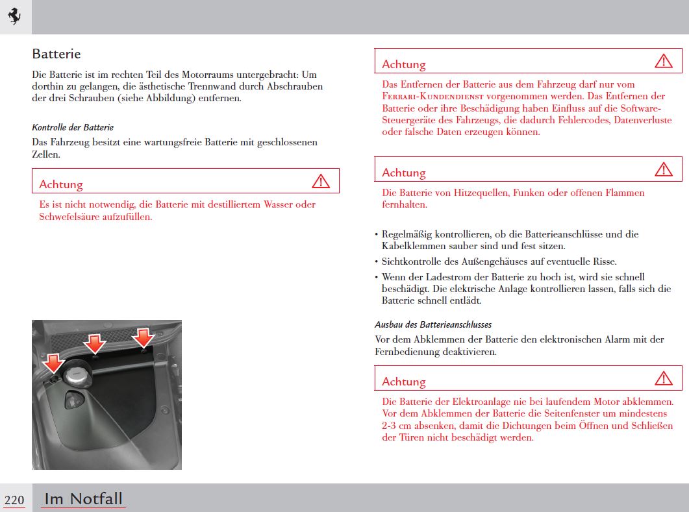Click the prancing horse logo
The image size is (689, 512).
[14, 17]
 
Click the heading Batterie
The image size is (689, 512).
[56, 54]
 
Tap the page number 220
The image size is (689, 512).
[14, 500]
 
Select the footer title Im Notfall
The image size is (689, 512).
[83, 498]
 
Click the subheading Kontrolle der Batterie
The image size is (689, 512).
[73, 127]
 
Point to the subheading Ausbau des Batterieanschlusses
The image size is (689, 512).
[433, 324]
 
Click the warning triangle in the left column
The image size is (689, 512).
[321, 182]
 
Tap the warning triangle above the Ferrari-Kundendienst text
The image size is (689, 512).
[664, 62]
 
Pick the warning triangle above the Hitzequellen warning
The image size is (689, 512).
[664, 170]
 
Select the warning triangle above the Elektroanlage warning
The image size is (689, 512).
[664, 378]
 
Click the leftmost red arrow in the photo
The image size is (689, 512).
[53, 361]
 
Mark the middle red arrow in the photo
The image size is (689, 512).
[95, 343]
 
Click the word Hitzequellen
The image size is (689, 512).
[477, 193]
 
